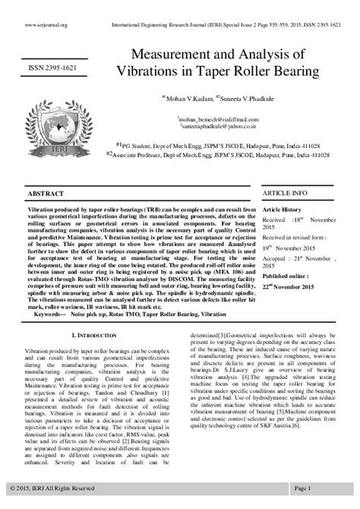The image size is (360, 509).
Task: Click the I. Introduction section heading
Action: (x=94, y=334)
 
